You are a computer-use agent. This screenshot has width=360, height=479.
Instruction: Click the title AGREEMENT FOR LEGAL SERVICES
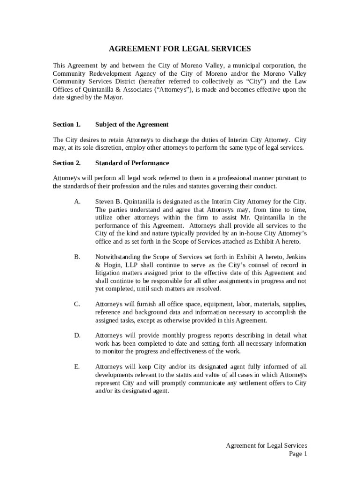pyautogui.click(x=180, y=49)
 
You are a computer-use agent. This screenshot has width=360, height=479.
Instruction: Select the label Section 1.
pyautogui.click(x=66, y=124)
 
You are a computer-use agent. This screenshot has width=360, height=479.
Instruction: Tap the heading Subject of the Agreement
pyautogui.click(x=131, y=124)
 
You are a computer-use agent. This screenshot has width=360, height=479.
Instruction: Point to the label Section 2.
pyautogui.click(x=66, y=163)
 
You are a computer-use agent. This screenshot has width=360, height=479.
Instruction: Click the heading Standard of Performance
pyautogui.click(x=132, y=163)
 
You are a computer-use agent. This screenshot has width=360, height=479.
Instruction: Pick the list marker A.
pyautogui.click(x=77, y=201)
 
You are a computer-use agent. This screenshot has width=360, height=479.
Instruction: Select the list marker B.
pyautogui.click(x=77, y=256)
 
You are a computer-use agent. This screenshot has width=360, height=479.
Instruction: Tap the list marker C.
pyautogui.click(x=77, y=304)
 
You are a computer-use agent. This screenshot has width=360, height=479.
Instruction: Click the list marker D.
pyautogui.click(x=77, y=335)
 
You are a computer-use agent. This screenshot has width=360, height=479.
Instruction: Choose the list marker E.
pyautogui.click(x=77, y=367)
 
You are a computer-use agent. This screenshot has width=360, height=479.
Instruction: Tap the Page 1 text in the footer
pyautogui.click(x=298, y=454)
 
